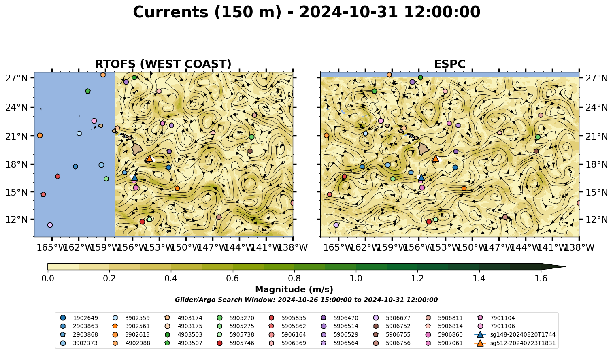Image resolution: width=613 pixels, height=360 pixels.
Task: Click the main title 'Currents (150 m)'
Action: (x=207, y=12)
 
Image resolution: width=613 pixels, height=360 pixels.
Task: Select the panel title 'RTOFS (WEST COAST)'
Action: (x=163, y=64)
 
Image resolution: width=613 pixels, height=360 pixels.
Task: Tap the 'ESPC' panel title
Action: (x=449, y=64)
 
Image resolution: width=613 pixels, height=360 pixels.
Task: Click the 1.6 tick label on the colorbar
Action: (x=541, y=279)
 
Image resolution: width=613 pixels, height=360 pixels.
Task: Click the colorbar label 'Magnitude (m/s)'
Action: (x=294, y=290)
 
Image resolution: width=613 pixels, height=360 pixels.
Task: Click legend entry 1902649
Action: (x=79, y=318)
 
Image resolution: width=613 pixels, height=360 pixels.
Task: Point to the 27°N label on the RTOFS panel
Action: (x=17, y=78)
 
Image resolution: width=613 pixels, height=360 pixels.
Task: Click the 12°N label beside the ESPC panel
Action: (x=596, y=219)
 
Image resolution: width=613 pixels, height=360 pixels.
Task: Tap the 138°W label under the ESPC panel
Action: (x=579, y=247)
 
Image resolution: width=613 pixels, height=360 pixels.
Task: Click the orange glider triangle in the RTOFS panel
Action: (x=149, y=158)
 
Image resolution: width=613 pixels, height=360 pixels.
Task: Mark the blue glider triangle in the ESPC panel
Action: (x=421, y=178)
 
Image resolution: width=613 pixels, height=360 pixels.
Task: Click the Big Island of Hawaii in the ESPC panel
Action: (x=424, y=149)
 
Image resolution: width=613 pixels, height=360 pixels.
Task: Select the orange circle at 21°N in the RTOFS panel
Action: (x=40, y=136)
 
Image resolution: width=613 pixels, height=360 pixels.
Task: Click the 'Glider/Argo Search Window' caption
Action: (x=306, y=300)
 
